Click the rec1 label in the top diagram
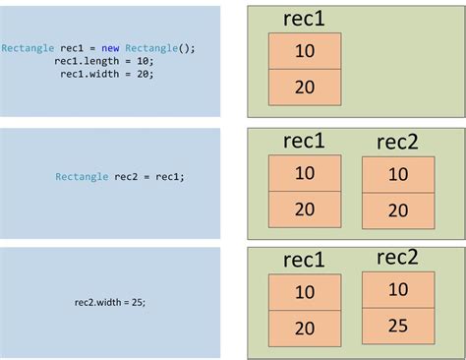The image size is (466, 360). click(x=304, y=20)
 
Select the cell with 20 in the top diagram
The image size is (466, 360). click(x=305, y=88)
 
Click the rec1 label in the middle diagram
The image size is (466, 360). click(x=304, y=141)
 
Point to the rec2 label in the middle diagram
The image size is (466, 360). click(x=397, y=144)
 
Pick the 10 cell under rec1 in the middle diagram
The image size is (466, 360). click(x=305, y=173)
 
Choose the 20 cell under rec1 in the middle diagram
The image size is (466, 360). click(x=305, y=209)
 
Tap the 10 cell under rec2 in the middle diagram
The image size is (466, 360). click(x=398, y=175)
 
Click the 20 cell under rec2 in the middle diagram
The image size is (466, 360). click(x=398, y=210)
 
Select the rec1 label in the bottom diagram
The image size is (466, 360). click(x=304, y=261)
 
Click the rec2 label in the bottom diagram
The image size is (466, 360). click(x=397, y=258)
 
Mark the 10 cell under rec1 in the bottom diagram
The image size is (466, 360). click(x=305, y=292)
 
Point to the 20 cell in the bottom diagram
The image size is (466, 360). click(x=305, y=329)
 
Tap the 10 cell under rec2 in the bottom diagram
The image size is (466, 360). click(x=398, y=289)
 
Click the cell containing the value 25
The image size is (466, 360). click(x=398, y=326)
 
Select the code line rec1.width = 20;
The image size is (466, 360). click(x=107, y=73)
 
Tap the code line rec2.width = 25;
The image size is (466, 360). click(x=109, y=302)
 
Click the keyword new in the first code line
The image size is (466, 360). click(x=111, y=47)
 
